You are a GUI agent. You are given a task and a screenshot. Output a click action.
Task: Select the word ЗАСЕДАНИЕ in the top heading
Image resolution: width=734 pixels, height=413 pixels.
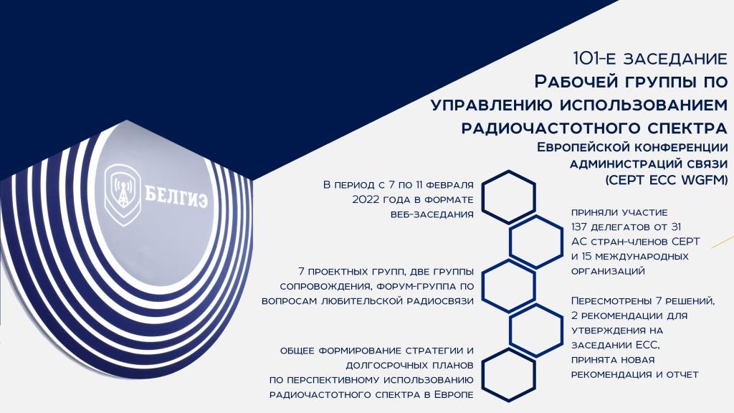[x=675, y=59]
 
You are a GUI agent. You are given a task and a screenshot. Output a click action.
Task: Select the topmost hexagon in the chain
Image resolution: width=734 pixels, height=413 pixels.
[x=508, y=196]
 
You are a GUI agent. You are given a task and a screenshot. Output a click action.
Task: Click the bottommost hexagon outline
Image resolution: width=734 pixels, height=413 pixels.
[x=508, y=375]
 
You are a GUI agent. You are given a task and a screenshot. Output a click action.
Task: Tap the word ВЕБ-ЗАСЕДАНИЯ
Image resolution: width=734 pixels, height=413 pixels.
[x=432, y=214]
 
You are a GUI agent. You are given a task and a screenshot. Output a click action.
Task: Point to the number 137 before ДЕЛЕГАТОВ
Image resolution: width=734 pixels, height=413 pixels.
[x=579, y=227]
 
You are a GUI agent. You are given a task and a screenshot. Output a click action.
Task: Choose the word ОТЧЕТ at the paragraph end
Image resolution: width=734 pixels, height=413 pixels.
[x=682, y=374]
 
